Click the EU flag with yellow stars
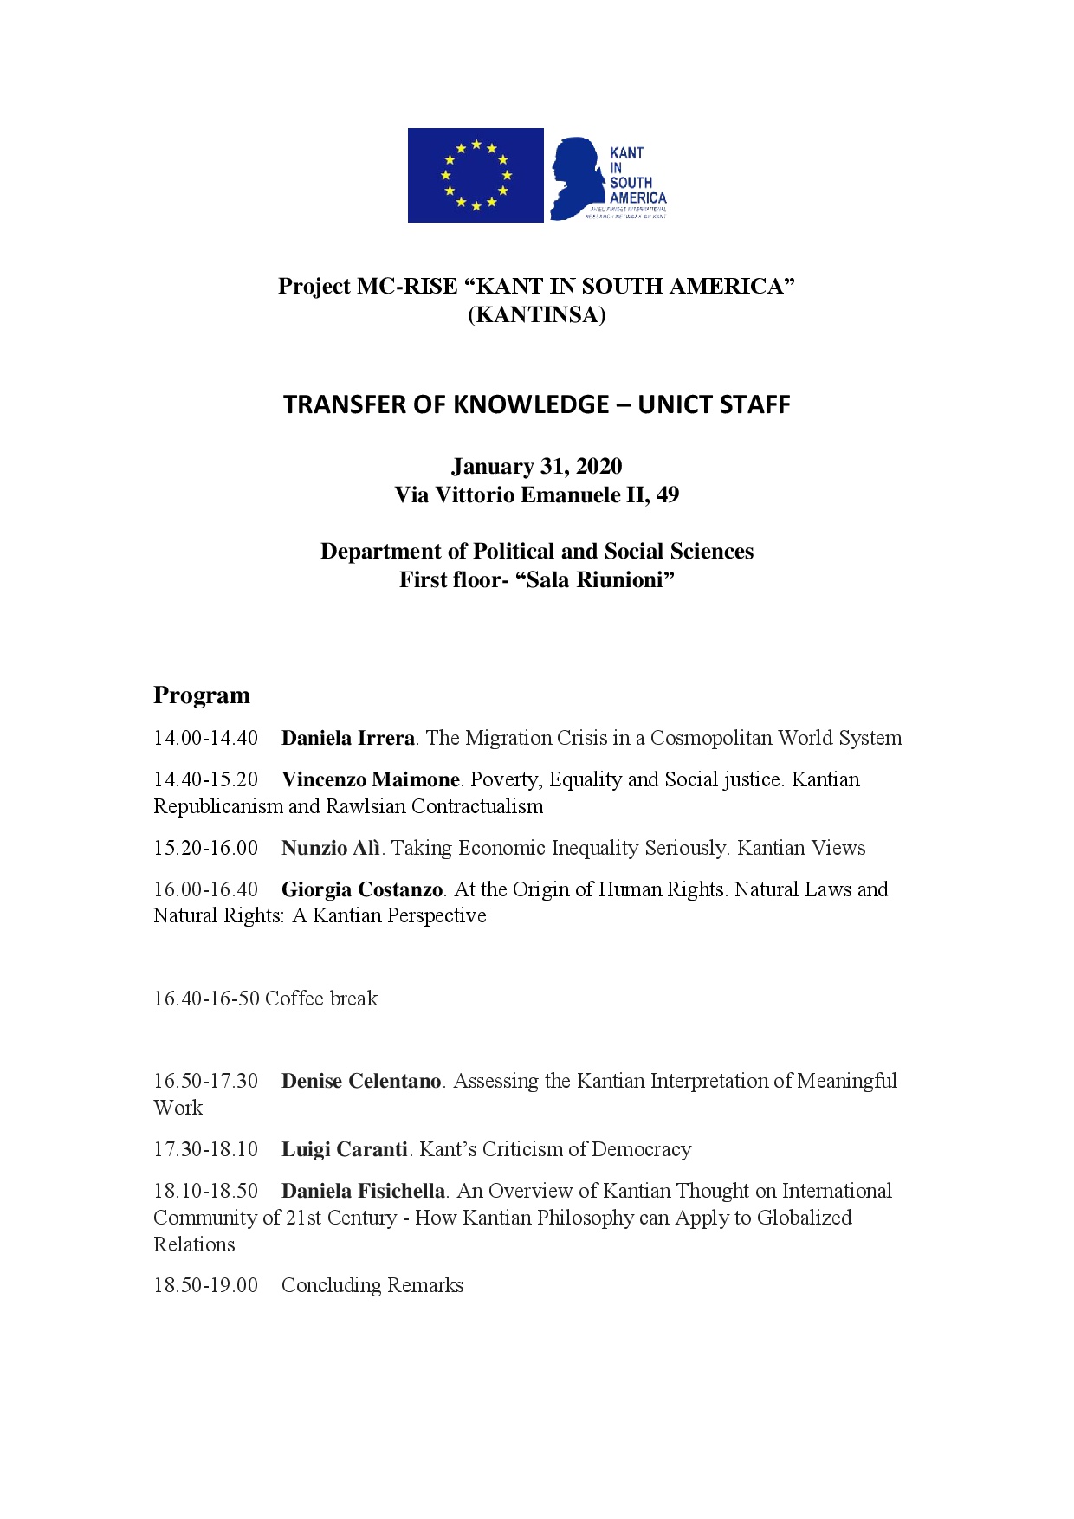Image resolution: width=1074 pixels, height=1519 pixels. (476, 175)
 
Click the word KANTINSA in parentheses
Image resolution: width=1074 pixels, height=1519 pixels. (537, 314)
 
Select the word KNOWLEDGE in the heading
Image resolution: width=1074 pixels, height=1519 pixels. (520, 404)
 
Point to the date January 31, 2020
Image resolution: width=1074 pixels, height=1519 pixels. (536, 466)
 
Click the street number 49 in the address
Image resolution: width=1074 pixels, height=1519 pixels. (668, 494)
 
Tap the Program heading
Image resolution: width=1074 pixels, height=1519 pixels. (202, 695)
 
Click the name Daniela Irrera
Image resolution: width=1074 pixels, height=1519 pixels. (348, 738)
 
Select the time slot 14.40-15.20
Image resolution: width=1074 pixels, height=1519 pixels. (206, 779)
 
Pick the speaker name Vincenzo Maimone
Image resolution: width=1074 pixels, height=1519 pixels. (371, 779)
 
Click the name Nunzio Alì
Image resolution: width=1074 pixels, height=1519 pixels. (331, 848)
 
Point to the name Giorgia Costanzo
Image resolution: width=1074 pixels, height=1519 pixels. (362, 889)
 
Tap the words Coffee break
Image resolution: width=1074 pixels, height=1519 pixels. (321, 999)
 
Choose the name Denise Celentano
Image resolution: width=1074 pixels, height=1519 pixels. (361, 1081)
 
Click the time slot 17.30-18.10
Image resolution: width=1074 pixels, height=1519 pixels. (206, 1149)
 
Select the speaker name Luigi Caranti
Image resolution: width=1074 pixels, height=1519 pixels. (344, 1149)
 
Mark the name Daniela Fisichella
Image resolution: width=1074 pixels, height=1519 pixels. (363, 1191)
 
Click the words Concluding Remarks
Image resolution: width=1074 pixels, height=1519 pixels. (372, 1285)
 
